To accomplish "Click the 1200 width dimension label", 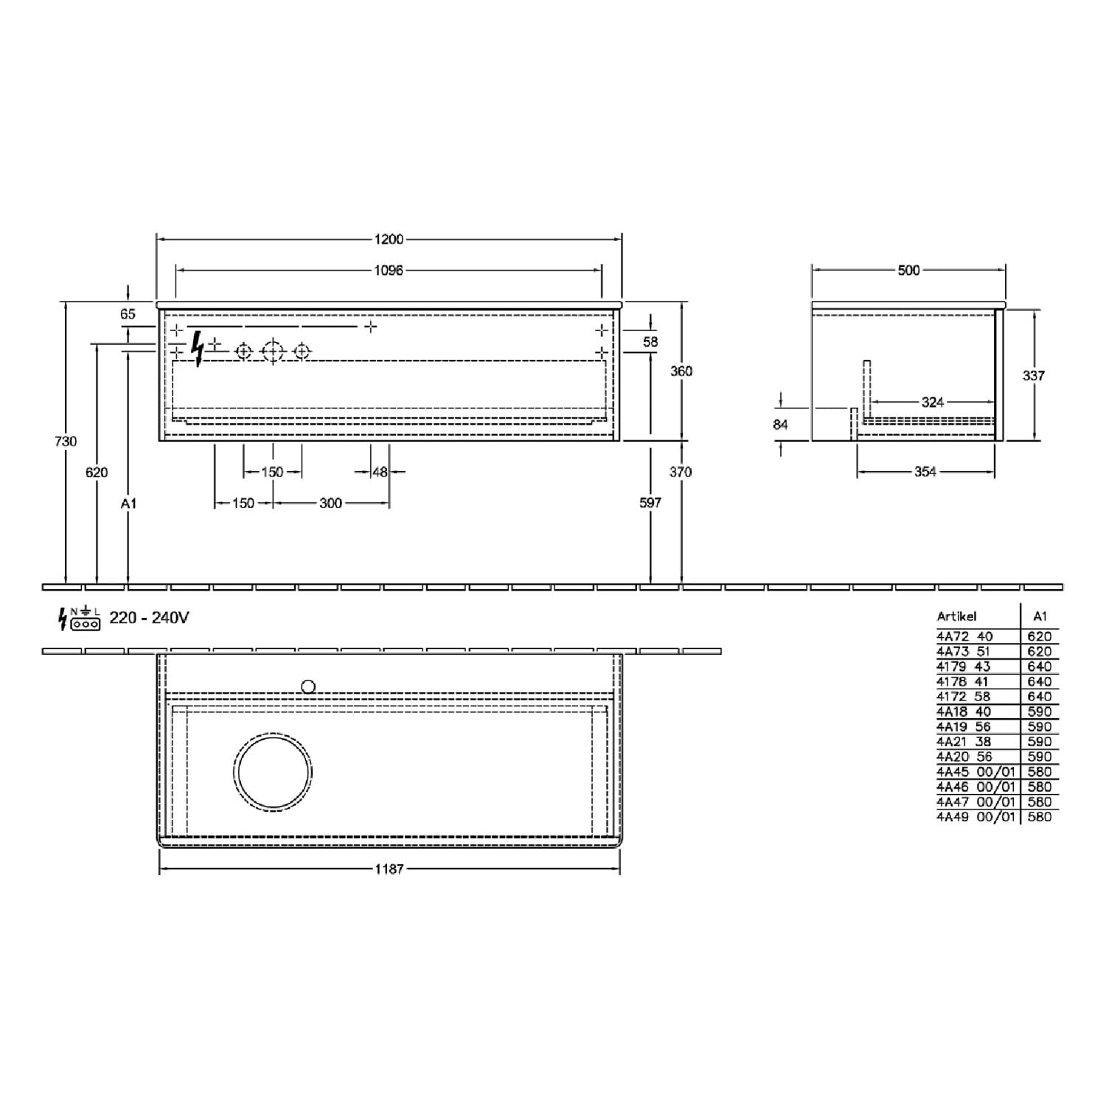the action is [x=389, y=239].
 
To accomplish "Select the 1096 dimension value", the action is [x=389, y=271].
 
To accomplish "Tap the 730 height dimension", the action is [x=66, y=441].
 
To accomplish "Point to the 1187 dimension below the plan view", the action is [x=389, y=869].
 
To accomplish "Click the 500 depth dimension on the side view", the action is [x=908, y=271].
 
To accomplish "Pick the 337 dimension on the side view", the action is [x=1034, y=375].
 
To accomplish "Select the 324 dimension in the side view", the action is [x=933, y=402].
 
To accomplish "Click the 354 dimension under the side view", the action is [x=925, y=472].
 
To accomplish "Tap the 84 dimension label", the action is [x=780, y=424].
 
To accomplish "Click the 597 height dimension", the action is [x=650, y=503].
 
